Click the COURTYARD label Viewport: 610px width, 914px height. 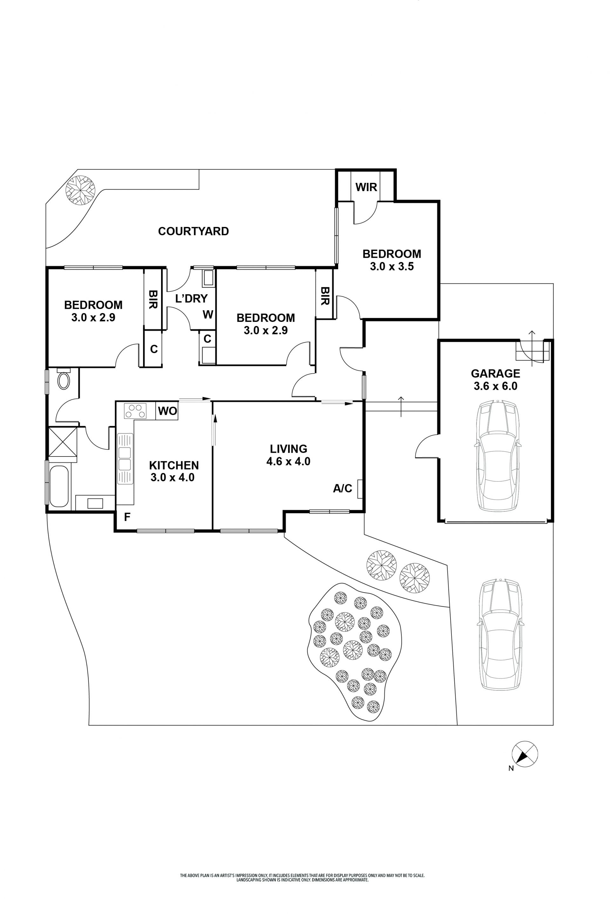[193, 231]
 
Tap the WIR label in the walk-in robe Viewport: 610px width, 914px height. [366, 187]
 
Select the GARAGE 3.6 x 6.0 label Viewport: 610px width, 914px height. [495, 379]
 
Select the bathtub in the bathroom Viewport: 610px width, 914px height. [59, 486]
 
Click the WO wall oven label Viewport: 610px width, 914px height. [167, 411]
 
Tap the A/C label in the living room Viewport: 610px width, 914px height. [342, 488]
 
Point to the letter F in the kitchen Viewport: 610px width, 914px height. [127, 517]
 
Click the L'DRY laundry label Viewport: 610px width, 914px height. [191, 298]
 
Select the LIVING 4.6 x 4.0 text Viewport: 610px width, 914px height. [288, 455]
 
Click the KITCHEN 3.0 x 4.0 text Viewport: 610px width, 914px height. [173, 471]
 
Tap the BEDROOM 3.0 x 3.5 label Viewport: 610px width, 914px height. [391, 260]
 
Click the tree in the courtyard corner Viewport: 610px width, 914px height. [80, 190]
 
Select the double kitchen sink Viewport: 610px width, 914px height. [125, 459]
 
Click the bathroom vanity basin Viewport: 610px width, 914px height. [95, 504]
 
